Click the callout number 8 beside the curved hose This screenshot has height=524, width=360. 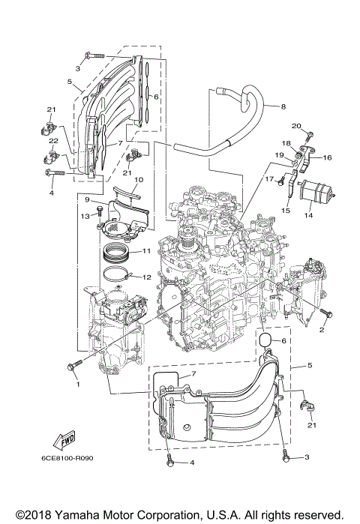coord(284,107)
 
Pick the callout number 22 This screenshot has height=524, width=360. coord(53,141)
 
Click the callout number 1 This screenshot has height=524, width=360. coord(77,384)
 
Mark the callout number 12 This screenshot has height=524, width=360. coord(147,277)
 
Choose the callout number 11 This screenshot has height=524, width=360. coord(147,250)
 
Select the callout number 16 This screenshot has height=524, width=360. coord(327,158)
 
